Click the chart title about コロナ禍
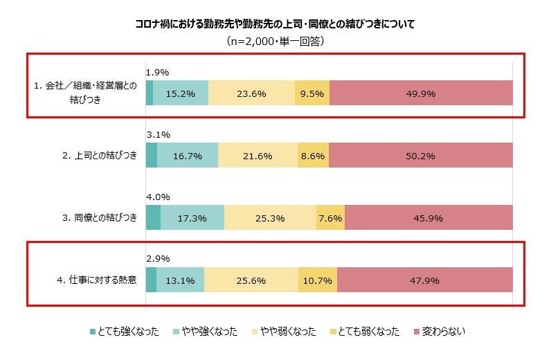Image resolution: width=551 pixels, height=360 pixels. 275,24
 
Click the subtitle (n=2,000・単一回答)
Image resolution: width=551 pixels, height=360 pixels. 275,42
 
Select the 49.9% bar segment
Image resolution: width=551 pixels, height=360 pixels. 421,93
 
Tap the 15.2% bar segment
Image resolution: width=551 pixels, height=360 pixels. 180,93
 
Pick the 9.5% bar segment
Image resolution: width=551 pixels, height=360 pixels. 312,93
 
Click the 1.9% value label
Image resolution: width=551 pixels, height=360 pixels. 158,72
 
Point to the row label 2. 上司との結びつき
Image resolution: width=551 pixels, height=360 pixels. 100,156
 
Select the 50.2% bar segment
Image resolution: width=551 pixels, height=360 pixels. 421,156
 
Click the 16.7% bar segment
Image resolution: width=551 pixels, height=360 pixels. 188,156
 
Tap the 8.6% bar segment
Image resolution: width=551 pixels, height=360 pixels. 313,156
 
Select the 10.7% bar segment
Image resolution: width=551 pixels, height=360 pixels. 318,280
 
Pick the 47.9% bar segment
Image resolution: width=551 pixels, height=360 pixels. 424,280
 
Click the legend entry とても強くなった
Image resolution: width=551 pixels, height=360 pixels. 125,332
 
